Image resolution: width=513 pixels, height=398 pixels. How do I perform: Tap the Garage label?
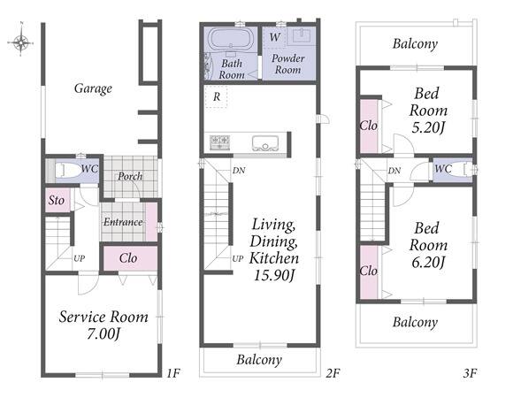(93, 88)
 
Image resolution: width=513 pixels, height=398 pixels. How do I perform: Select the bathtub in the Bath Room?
(230, 39)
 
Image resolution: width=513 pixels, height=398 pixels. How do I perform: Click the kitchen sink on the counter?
(265, 143)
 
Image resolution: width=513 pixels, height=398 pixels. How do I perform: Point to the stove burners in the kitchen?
(219, 142)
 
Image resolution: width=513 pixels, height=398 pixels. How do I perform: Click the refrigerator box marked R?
(216, 96)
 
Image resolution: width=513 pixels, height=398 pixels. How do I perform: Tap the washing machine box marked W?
(274, 37)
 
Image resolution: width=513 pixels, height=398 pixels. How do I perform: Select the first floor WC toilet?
(68, 171)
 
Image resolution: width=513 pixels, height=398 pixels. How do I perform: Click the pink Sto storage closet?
(57, 200)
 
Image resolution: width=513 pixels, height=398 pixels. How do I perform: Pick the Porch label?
(130, 177)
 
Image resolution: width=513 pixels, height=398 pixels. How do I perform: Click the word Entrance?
(123, 222)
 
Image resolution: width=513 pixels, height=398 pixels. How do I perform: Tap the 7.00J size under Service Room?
(103, 334)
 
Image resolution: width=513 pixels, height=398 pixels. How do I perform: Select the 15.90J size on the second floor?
(274, 275)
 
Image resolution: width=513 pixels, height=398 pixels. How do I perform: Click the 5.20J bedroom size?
(428, 127)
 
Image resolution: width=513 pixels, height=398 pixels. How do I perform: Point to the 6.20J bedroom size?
(428, 263)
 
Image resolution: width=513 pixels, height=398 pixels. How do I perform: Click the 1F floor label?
(173, 373)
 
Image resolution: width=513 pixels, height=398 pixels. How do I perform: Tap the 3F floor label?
(471, 373)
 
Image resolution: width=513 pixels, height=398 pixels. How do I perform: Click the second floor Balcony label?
(259, 360)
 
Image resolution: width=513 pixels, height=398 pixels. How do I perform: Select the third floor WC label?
(443, 169)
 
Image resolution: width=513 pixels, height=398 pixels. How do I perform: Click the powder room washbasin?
(302, 35)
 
